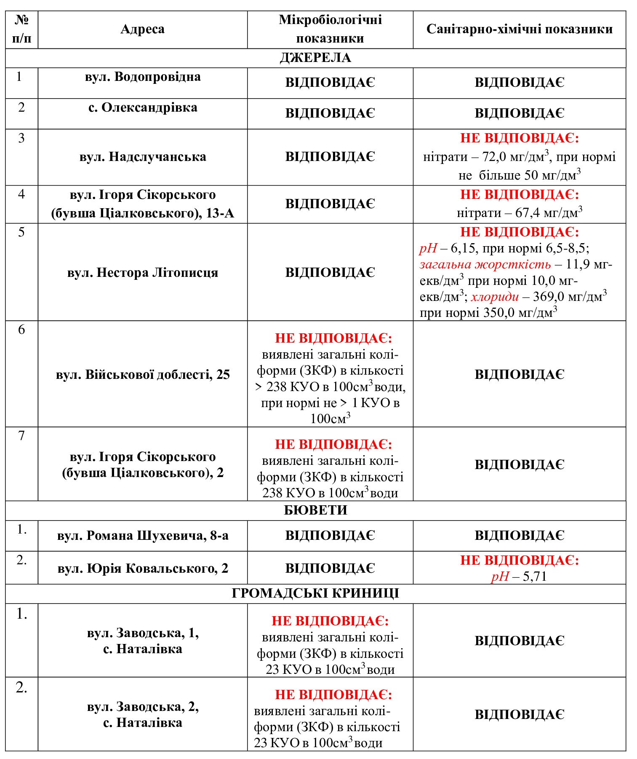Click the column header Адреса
coord(142,29)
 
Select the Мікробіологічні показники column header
coord(330,29)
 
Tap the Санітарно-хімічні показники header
coord(519,29)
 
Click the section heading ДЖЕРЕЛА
coord(315,58)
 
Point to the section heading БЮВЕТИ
coord(315,510)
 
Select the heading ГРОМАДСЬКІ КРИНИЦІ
coord(315,593)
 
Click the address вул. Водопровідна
coord(143,77)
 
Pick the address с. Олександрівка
coord(143,108)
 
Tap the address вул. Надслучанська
coord(143,157)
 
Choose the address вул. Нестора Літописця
coord(143,273)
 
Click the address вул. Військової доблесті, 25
coord(143,375)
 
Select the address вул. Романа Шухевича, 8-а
coord(143,536)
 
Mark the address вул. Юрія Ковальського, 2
coord(143,569)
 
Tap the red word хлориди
coord(495,297)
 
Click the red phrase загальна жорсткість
coord(485,265)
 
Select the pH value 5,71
coord(535,577)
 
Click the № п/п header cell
coord(21,29)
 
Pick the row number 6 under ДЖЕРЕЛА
coord(21,330)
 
